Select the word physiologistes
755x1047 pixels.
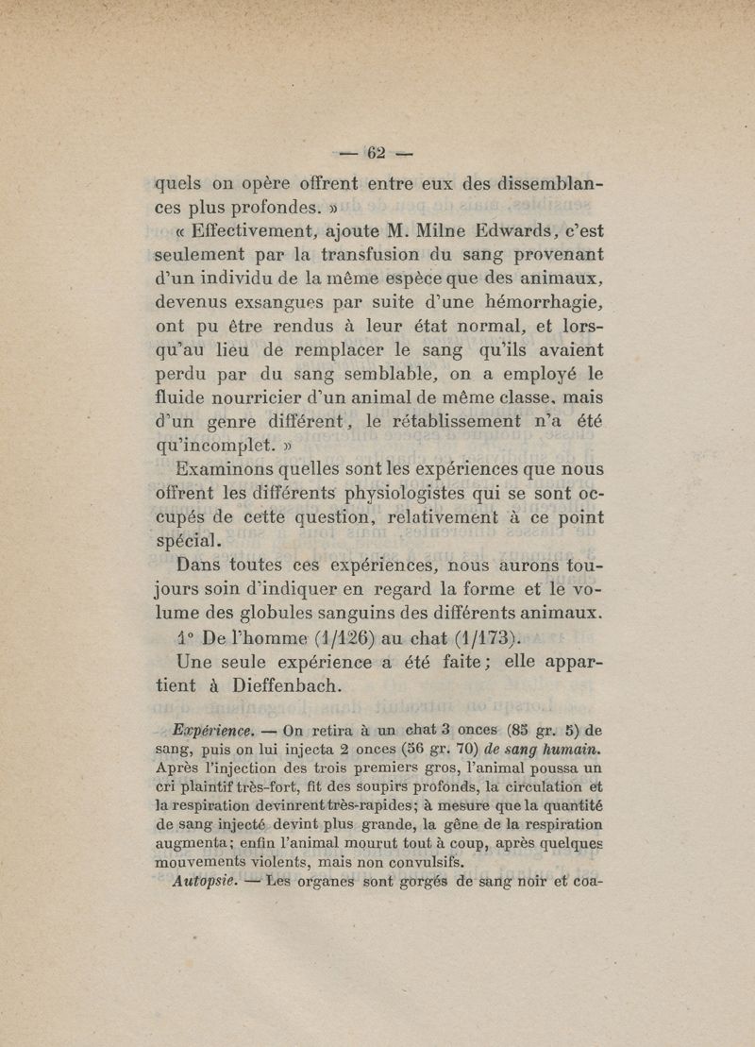tap(405, 493)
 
